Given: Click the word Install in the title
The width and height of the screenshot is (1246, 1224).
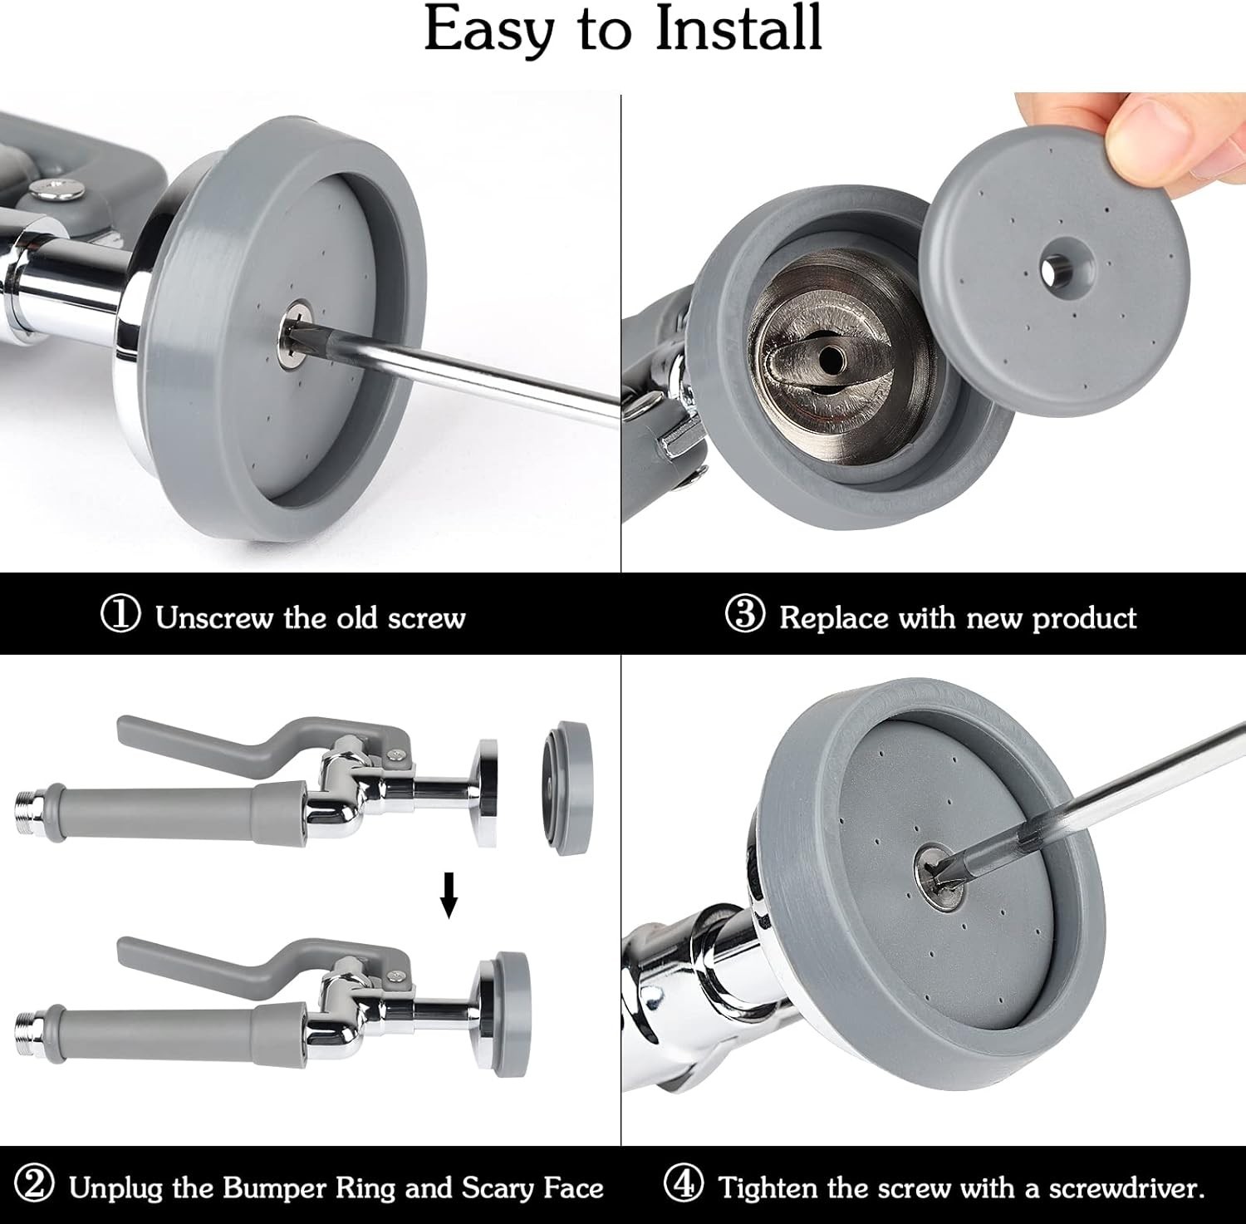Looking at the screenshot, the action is click(x=738, y=29).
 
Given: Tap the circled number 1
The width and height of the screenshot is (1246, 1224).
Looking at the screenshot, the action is click(x=120, y=615).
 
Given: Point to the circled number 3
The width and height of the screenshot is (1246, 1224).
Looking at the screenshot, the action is click(x=744, y=615).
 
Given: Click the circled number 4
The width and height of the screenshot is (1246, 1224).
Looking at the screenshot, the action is click(x=684, y=1184).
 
